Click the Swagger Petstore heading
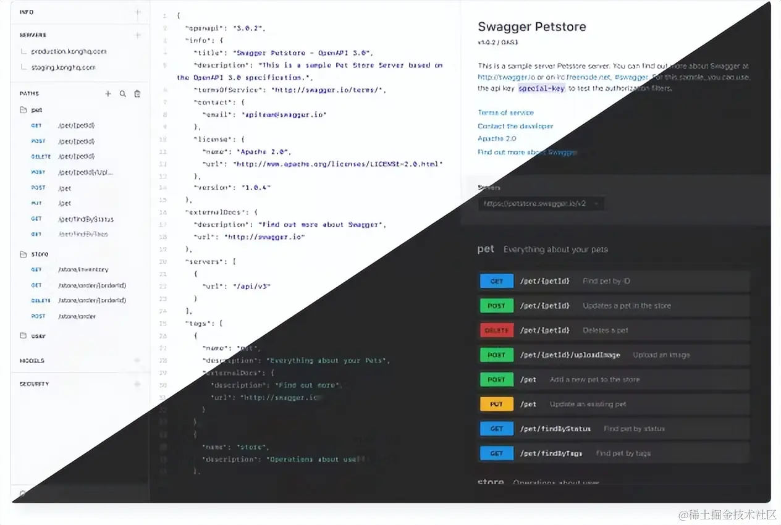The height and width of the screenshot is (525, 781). click(531, 27)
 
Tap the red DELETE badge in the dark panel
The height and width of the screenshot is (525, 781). click(496, 330)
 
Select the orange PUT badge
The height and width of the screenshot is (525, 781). click(496, 404)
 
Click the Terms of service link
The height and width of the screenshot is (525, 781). click(505, 112)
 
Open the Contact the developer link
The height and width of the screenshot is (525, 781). click(515, 126)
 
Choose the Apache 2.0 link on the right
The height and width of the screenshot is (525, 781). click(496, 139)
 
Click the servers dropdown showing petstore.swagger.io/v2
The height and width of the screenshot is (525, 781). click(541, 203)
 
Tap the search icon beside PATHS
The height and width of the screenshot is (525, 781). click(122, 94)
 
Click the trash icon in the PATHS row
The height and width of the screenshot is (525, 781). click(137, 94)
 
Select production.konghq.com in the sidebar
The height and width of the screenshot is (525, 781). click(69, 52)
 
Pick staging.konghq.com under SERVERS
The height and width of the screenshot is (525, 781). click(63, 67)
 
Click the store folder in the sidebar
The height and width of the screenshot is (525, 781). click(39, 254)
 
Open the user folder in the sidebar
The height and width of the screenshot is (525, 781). click(38, 336)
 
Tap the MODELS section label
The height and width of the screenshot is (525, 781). click(32, 361)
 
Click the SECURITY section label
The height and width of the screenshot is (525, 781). click(34, 384)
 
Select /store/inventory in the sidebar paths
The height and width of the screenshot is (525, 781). click(83, 270)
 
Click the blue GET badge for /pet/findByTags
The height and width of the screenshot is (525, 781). click(496, 453)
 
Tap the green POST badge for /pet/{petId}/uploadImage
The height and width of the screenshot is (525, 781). click(496, 355)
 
